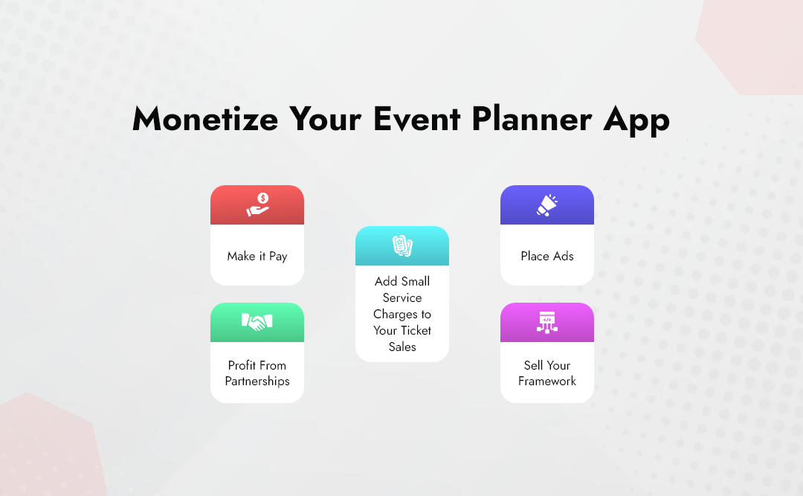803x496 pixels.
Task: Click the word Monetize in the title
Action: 204,119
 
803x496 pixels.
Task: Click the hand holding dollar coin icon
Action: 257,204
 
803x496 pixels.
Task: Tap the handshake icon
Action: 257,322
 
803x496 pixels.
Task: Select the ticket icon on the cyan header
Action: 402,245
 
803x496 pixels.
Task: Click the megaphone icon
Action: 547,204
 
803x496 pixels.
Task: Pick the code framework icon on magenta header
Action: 547,322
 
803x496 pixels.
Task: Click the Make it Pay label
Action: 257,256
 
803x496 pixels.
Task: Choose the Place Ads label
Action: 547,256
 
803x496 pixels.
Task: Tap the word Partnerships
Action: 257,381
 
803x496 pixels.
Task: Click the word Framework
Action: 547,381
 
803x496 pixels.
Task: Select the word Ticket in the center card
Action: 416,330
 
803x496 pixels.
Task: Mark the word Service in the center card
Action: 402,297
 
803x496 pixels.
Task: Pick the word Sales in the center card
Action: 402,347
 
